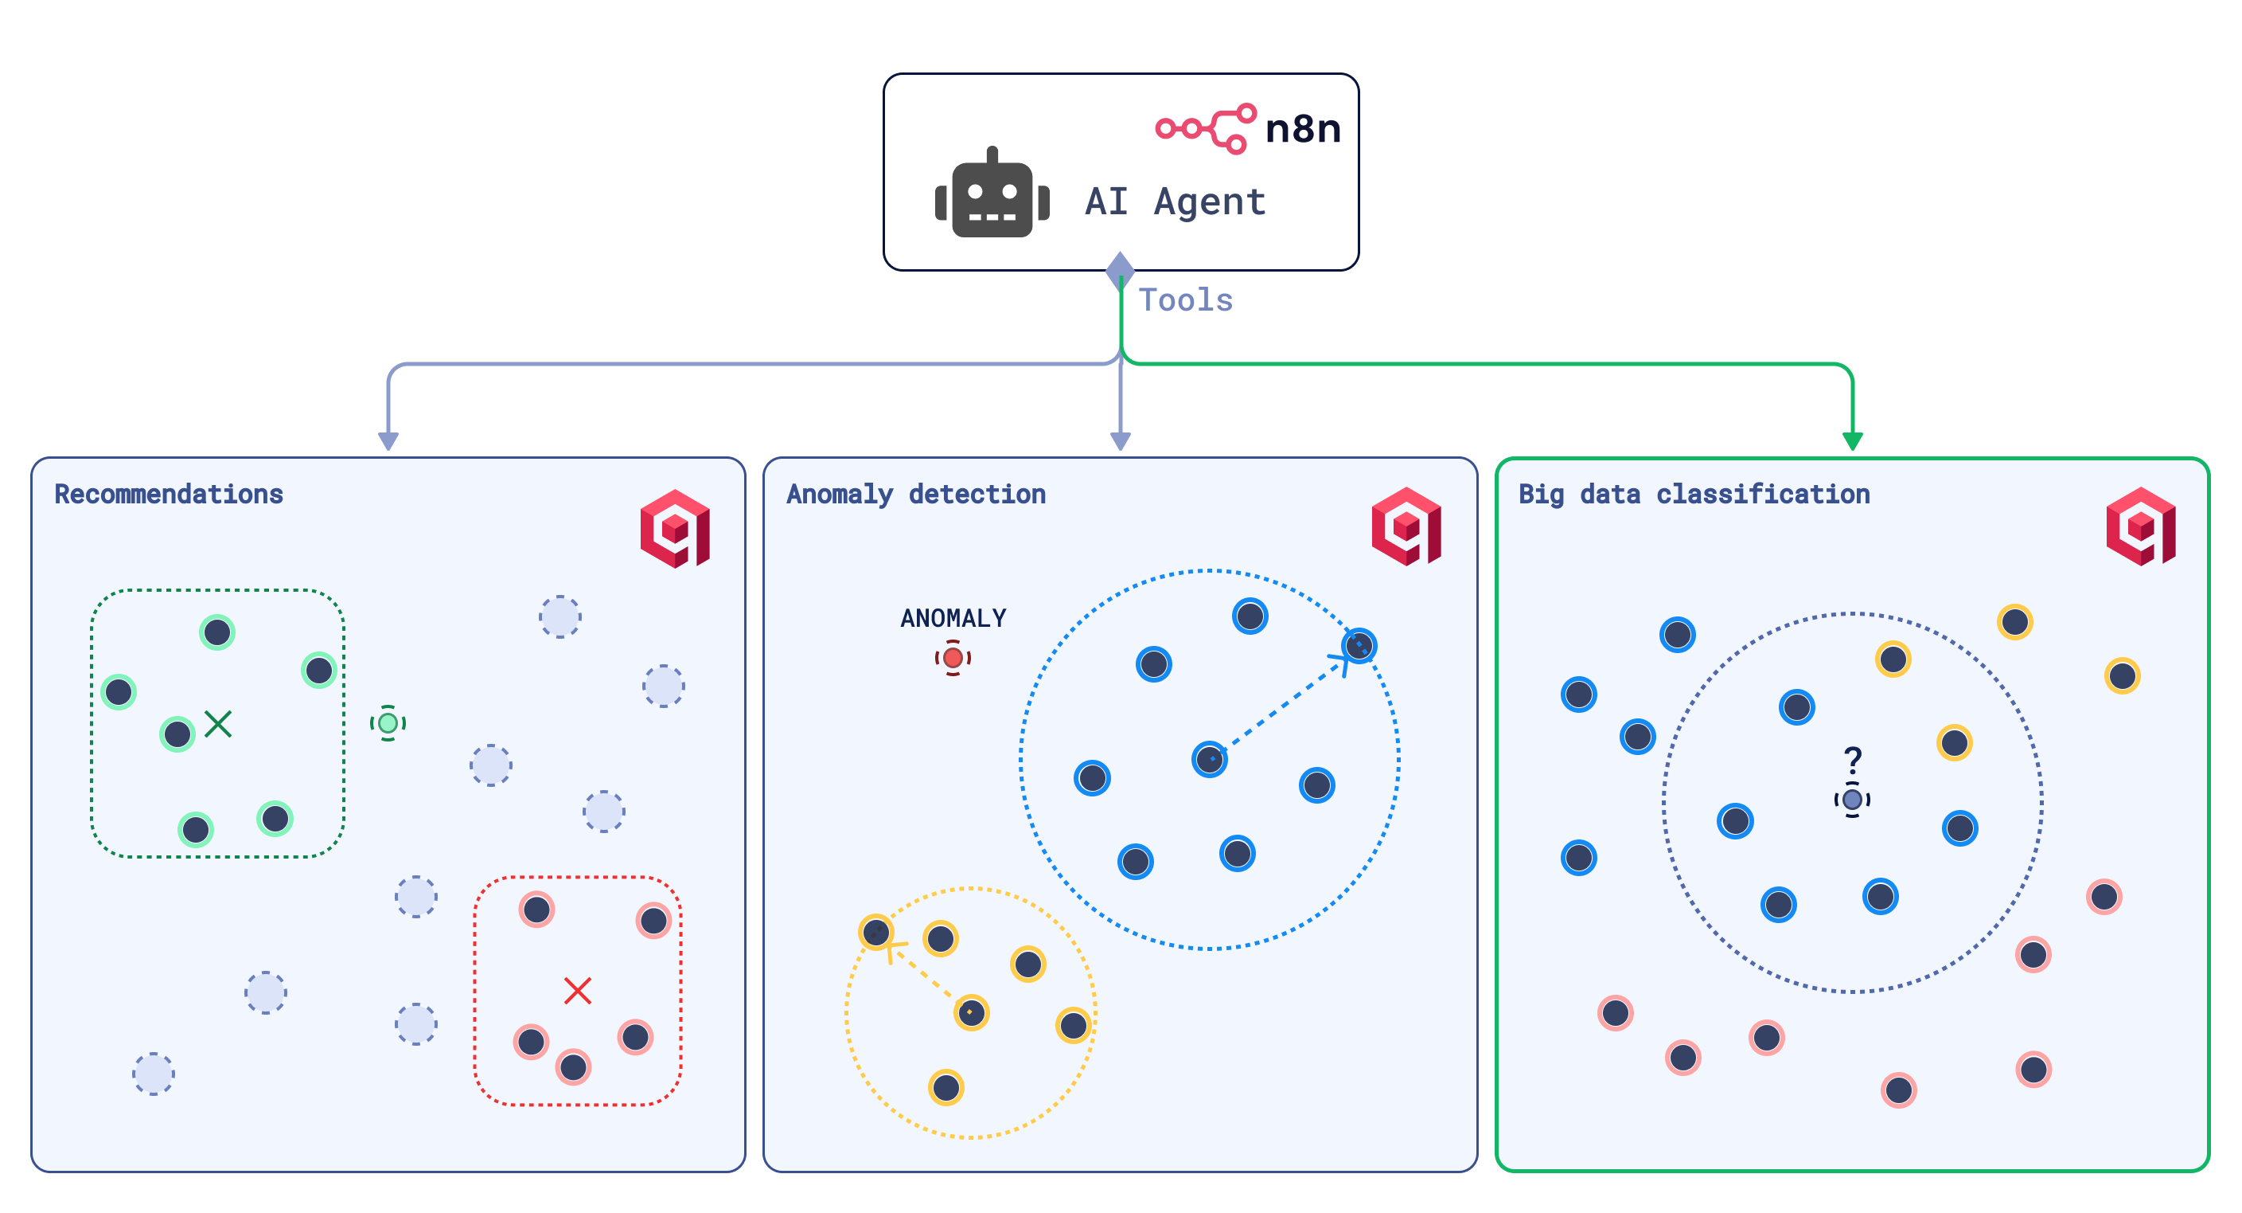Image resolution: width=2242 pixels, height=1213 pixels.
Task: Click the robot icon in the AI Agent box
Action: [x=992, y=195]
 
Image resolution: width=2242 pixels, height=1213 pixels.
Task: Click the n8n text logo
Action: [x=1302, y=129]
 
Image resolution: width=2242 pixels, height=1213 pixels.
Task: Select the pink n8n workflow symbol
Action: [x=1206, y=129]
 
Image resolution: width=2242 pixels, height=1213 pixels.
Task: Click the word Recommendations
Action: [x=169, y=495]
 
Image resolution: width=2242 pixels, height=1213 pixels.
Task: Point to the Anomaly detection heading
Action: [x=915, y=495]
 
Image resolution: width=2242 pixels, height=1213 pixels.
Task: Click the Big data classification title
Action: [x=1694, y=495]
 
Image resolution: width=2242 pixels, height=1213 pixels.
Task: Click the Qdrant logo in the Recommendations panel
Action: [x=676, y=529]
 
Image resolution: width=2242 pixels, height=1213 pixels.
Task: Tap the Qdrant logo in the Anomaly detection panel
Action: [x=1406, y=526]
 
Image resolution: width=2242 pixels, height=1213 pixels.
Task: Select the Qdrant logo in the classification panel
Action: [x=2141, y=526]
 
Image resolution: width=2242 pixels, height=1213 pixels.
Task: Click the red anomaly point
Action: [x=953, y=657]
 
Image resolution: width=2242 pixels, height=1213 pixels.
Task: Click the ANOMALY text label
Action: [x=953, y=618]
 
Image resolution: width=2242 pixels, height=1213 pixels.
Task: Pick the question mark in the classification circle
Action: [x=1853, y=760]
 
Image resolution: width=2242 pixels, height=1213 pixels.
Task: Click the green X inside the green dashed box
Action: [x=217, y=724]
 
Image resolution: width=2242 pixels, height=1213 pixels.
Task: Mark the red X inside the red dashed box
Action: [x=577, y=990]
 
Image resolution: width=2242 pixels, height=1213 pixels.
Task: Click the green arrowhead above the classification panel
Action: [x=1853, y=440]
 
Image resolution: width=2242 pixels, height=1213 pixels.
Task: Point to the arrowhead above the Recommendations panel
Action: [x=388, y=440]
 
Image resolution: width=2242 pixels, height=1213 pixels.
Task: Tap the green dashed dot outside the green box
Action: [x=388, y=722]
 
